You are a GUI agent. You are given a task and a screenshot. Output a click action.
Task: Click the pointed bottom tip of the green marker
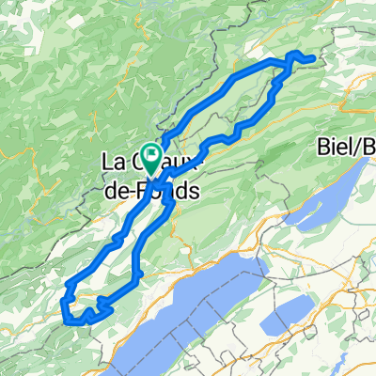click(x=150, y=171)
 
